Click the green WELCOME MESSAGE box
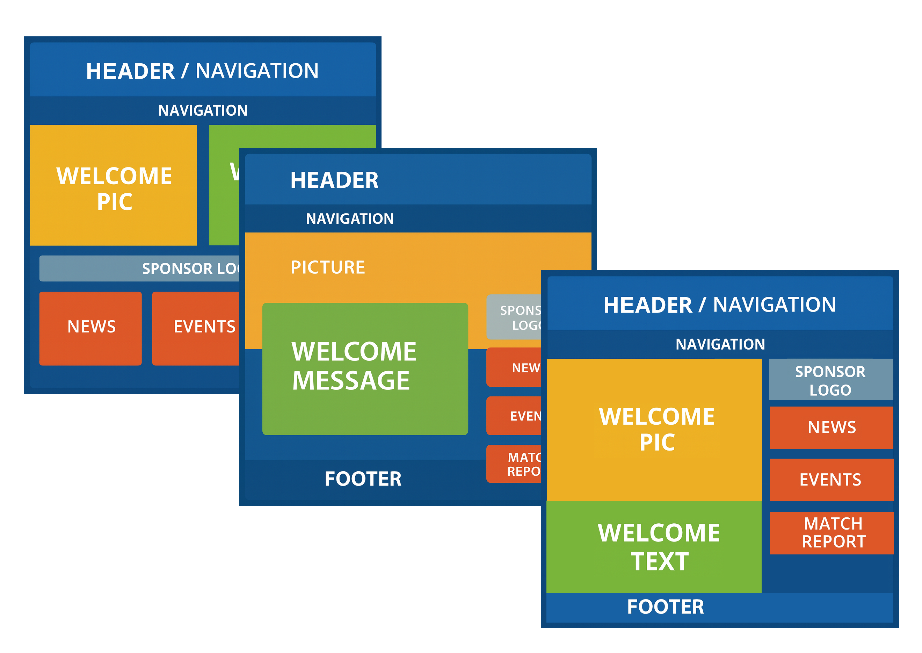[x=365, y=368]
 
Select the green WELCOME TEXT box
[x=654, y=546]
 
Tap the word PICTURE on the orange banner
[x=328, y=267]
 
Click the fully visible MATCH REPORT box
[x=832, y=533]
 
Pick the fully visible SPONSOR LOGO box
[x=831, y=380]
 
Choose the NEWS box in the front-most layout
[x=831, y=428]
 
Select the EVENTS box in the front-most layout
[x=831, y=480]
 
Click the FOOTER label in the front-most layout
[x=666, y=607]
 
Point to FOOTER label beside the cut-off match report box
[x=363, y=479]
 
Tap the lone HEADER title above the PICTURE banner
[x=334, y=180]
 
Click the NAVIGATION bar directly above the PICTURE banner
[x=350, y=219]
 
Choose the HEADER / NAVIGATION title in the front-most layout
[x=719, y=305]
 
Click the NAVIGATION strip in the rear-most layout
[x=203, y=110]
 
